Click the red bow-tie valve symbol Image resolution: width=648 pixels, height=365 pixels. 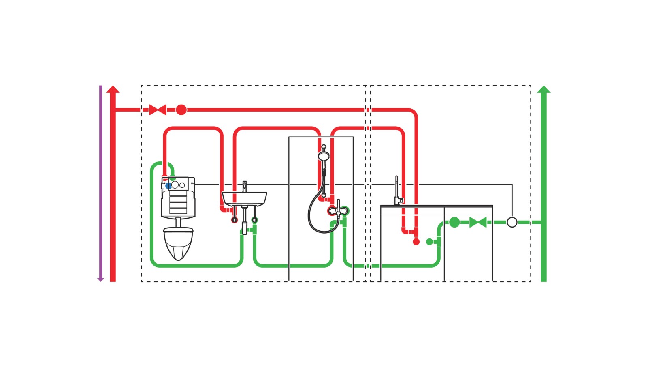click(158, 109)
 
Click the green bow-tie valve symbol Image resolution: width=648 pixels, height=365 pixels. click(478, 222)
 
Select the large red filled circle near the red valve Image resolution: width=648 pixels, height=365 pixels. click(181, 109)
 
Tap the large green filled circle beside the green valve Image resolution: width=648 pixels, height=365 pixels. click(454, 222)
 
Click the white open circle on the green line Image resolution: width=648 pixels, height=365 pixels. click(512, 222)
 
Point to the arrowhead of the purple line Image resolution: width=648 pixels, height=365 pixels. click(101, 279)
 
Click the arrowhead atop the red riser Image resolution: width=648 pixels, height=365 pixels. click(113, 89)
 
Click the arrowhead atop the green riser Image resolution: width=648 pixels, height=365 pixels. click(544, 89)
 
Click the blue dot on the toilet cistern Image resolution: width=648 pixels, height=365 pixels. click(168, 186)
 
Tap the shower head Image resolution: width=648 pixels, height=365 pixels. click(324, 156)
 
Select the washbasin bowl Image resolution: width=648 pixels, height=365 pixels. click(244, 198)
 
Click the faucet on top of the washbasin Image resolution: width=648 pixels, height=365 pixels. click(244, 187)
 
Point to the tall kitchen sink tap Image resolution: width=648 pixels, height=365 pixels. click(397, 191)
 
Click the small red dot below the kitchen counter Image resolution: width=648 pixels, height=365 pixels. click(416, 242)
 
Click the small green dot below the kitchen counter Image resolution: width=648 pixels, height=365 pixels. click(430, 242)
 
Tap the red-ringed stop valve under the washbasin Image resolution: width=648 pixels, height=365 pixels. click(234, 220)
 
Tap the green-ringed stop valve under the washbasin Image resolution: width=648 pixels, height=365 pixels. click(254, 220)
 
